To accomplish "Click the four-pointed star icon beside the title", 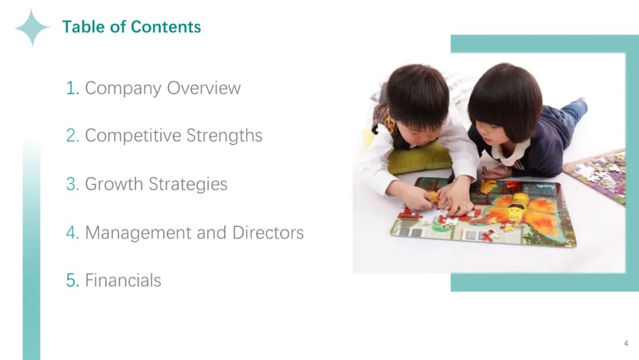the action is [x=32, y=28].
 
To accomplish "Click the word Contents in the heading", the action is [x=166, y=27].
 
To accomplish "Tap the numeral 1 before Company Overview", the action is [x=72, y=88].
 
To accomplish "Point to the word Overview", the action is [x=204, y=88].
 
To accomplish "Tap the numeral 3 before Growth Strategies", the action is [x=72, y=184].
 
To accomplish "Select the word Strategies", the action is [x=188, y=184].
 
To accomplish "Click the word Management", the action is [x=138, y=233].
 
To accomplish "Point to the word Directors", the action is [x=268, y=233].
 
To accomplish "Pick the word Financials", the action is [x=123, y=281].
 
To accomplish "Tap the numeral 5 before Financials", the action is [x=72, y=281].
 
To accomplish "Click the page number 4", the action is [x=626, y=343].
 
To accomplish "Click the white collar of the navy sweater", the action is [x=509, y=151].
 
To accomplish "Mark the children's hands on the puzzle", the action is [x=444, y=200].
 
